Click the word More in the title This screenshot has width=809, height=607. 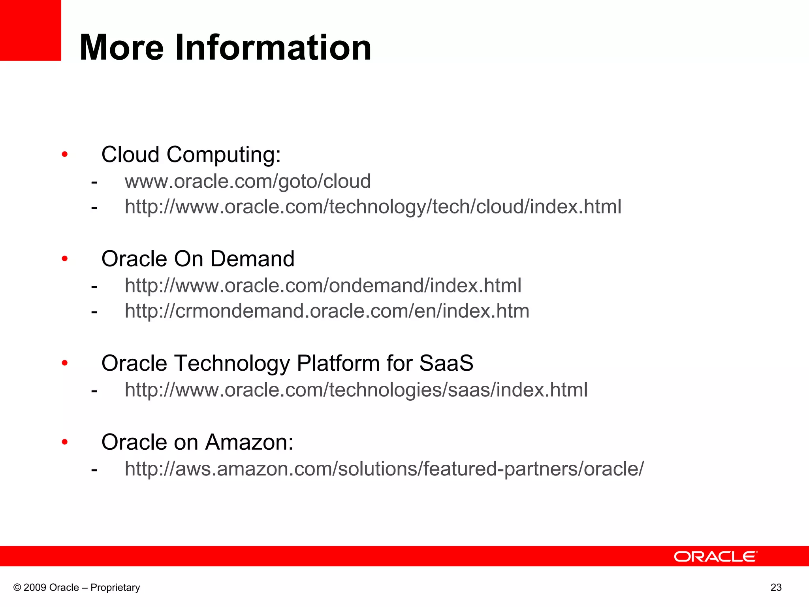tap(122, 47)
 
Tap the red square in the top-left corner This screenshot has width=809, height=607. tap(30, 30)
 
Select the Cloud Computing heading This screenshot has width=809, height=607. tap(191, 154)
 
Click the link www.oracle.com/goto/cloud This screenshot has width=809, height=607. tap(248, 181)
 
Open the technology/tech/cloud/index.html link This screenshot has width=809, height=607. tap(373, 207)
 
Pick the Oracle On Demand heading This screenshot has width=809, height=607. tap(198, 259)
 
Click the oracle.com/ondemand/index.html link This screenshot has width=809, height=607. tap(323, 285)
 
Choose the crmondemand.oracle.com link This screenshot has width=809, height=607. tap(327, 311)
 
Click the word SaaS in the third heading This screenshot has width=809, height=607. tap(446, 363)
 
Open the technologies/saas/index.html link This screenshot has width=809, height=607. tap(356, 390)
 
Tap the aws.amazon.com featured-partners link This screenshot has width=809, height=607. tap(384, 469)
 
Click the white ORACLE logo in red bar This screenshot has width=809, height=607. tap(715, 556)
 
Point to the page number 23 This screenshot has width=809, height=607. tap(776, 588)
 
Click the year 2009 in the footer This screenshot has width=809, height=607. tap(35, 588)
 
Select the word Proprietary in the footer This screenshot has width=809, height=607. tap(115, 588)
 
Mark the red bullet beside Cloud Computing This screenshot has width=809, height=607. tap(65, 155)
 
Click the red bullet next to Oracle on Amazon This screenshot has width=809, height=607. tap(65, 442)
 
